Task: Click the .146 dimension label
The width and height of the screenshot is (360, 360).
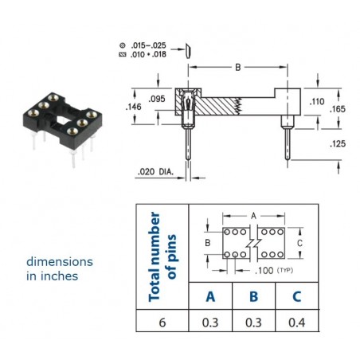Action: [133, 107]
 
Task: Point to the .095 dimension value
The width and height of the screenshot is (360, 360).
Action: [157, 99]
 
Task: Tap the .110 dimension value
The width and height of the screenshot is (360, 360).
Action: [317, 101]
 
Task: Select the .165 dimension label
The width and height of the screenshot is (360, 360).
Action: [338, 109]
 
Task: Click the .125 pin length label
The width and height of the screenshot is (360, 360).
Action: [338, 144]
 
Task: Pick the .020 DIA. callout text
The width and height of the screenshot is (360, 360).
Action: [155, 172]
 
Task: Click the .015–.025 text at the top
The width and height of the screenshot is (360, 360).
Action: [148, 45]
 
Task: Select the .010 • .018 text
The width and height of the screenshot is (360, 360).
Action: [148, 54]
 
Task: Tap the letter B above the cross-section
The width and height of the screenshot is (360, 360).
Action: [238, 68]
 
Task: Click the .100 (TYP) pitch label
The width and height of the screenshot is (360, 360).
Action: [274, 271]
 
